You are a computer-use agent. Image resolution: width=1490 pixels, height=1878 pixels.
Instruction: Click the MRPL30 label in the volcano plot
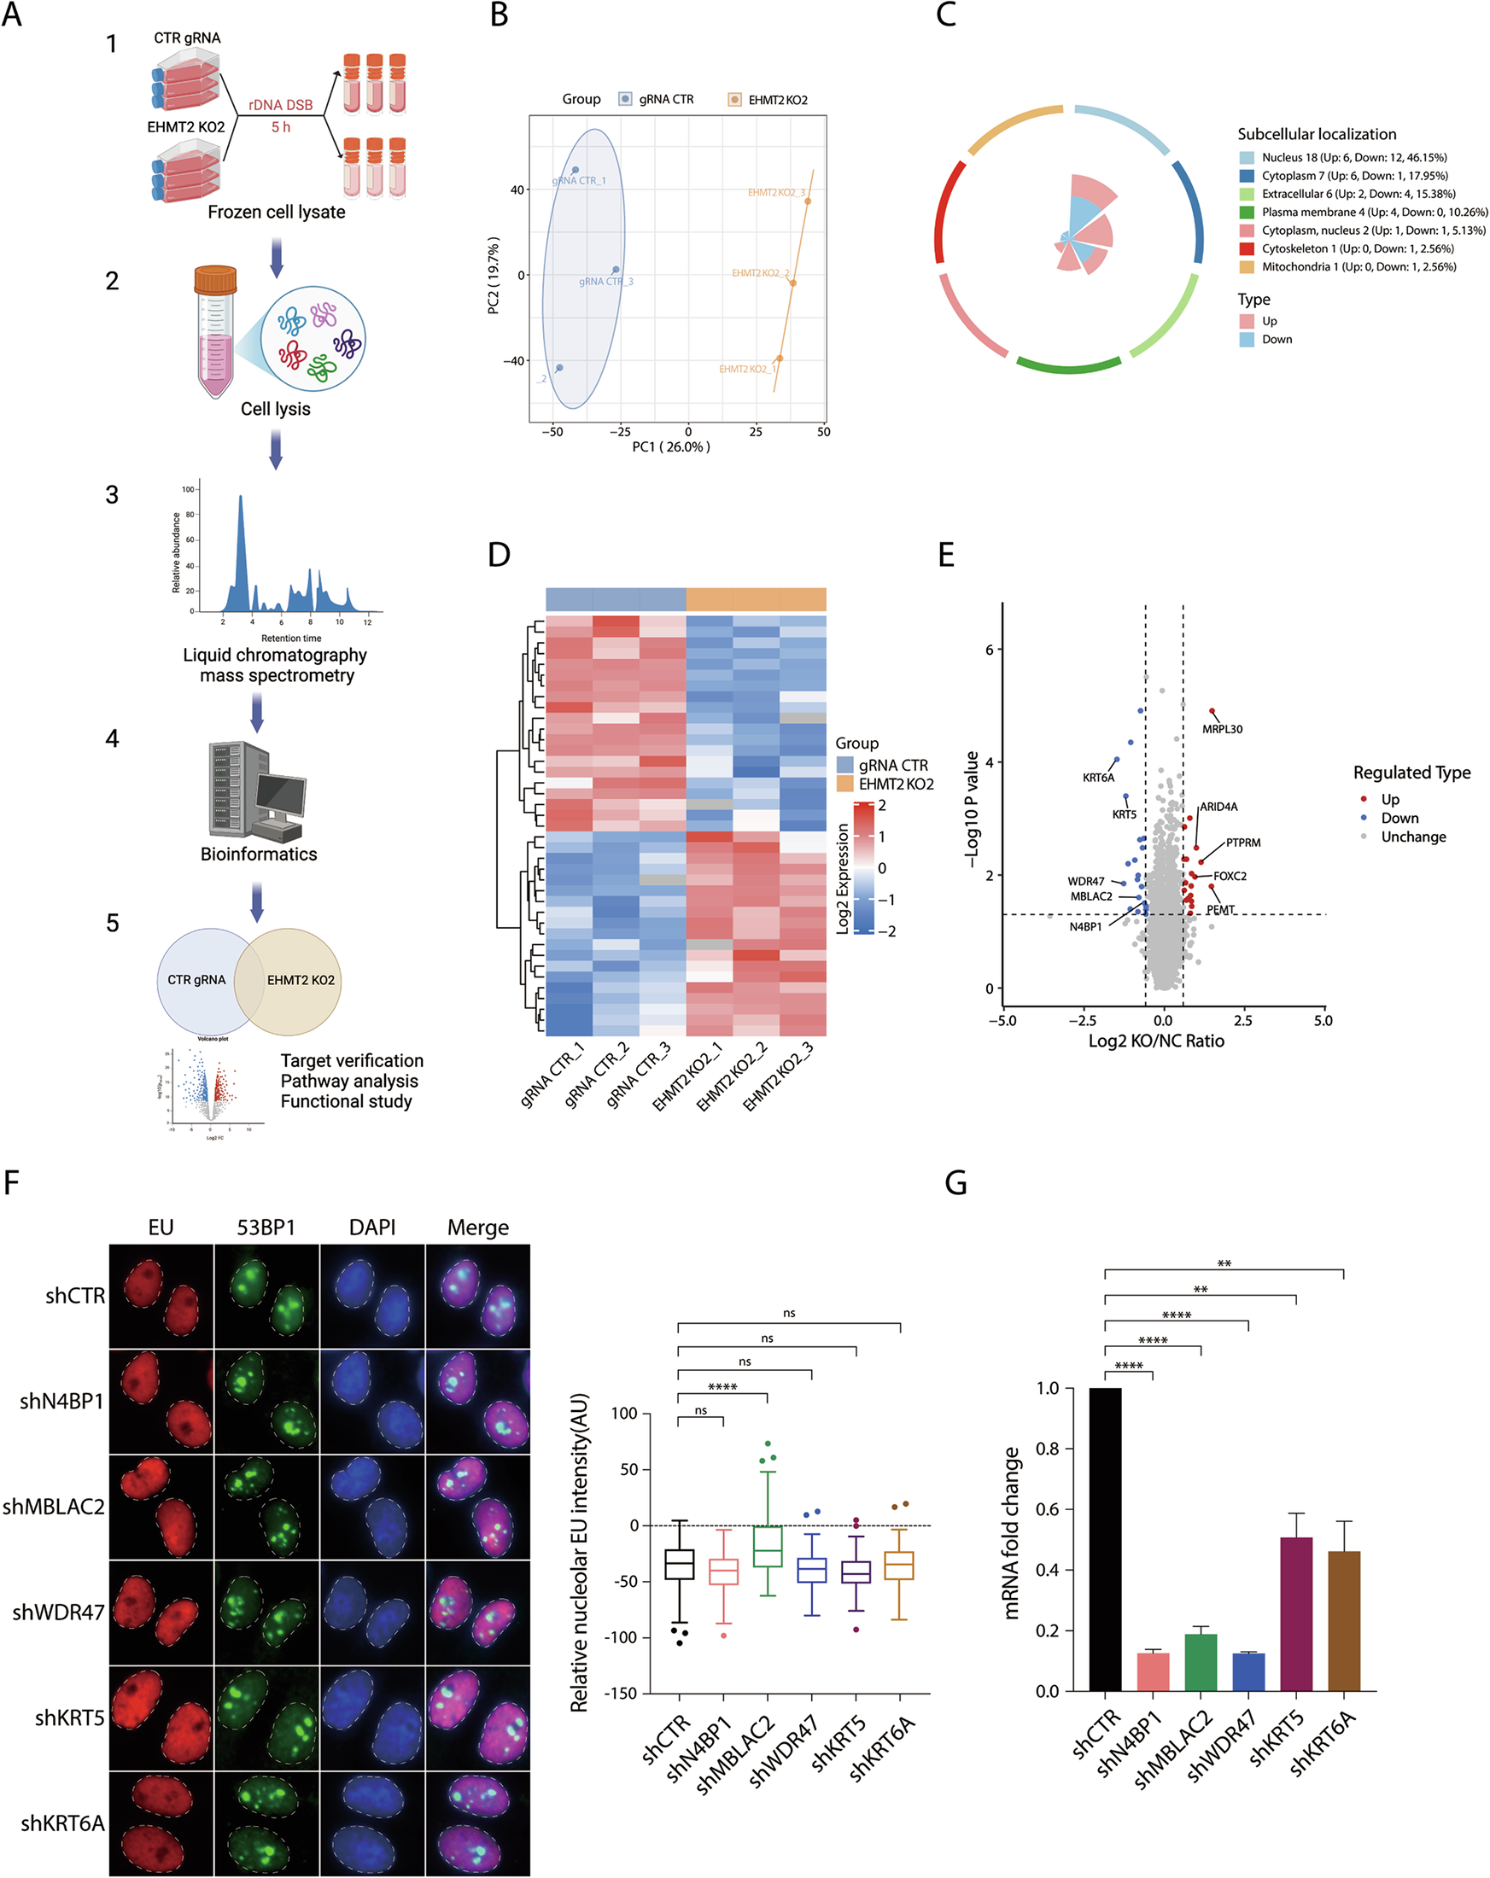click(1222, 729)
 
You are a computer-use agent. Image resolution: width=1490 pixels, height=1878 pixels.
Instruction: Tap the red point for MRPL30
click(1212, 712)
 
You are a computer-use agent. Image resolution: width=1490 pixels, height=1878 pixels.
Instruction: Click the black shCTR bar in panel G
click(1105, 1538)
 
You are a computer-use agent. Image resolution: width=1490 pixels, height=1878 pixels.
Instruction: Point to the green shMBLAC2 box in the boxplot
click(768, 1546)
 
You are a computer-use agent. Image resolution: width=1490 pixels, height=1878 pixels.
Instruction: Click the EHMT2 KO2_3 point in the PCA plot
click(808, 201)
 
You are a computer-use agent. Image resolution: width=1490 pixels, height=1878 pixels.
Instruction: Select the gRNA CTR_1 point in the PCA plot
click(576, 170)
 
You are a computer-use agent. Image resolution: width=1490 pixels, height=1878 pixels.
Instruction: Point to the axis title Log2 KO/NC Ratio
click(1156, 1041)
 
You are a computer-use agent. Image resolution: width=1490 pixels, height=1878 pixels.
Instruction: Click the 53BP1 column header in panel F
click(266, 1228)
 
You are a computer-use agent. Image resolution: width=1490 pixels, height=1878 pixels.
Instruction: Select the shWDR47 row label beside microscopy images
click(58, 1613)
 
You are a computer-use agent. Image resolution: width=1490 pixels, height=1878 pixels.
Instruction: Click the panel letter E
click(946, 555)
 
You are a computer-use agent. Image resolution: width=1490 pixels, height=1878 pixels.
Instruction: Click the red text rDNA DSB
click(280, 105)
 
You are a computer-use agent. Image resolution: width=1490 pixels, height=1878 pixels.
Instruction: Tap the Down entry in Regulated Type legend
click(1399, 818)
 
